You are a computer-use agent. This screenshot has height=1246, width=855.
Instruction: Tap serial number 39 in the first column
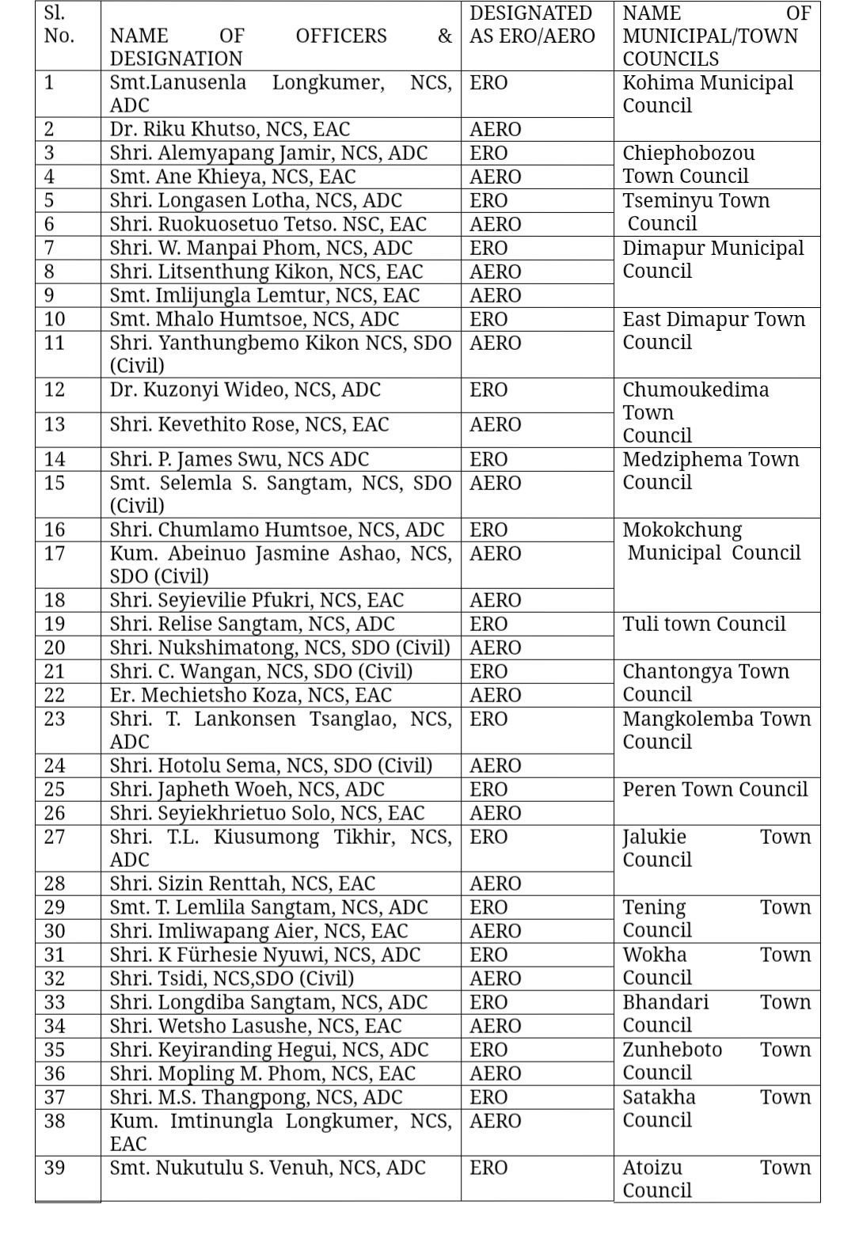pos(55,1168)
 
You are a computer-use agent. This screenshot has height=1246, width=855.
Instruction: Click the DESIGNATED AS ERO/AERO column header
pos(531,25)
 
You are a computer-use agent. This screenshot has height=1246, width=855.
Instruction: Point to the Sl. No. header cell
pos(59,25)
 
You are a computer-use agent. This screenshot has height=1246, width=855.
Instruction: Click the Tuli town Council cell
pos(704,624)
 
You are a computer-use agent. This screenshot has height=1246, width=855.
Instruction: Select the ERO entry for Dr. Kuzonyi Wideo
pos(488,390)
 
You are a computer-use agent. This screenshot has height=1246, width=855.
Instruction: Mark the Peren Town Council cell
pos(715,789)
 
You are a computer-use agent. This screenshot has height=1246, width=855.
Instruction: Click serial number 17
pos(55,553)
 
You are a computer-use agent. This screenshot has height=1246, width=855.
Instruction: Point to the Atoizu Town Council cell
pos(716,1179)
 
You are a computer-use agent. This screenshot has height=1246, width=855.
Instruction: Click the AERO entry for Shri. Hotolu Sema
pos(495,765)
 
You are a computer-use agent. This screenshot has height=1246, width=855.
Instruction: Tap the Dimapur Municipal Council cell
pos(712,260)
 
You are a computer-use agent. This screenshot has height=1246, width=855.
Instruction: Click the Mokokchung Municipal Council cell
pos(711,541)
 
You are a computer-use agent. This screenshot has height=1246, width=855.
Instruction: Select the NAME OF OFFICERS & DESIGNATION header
pos(280,47)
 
